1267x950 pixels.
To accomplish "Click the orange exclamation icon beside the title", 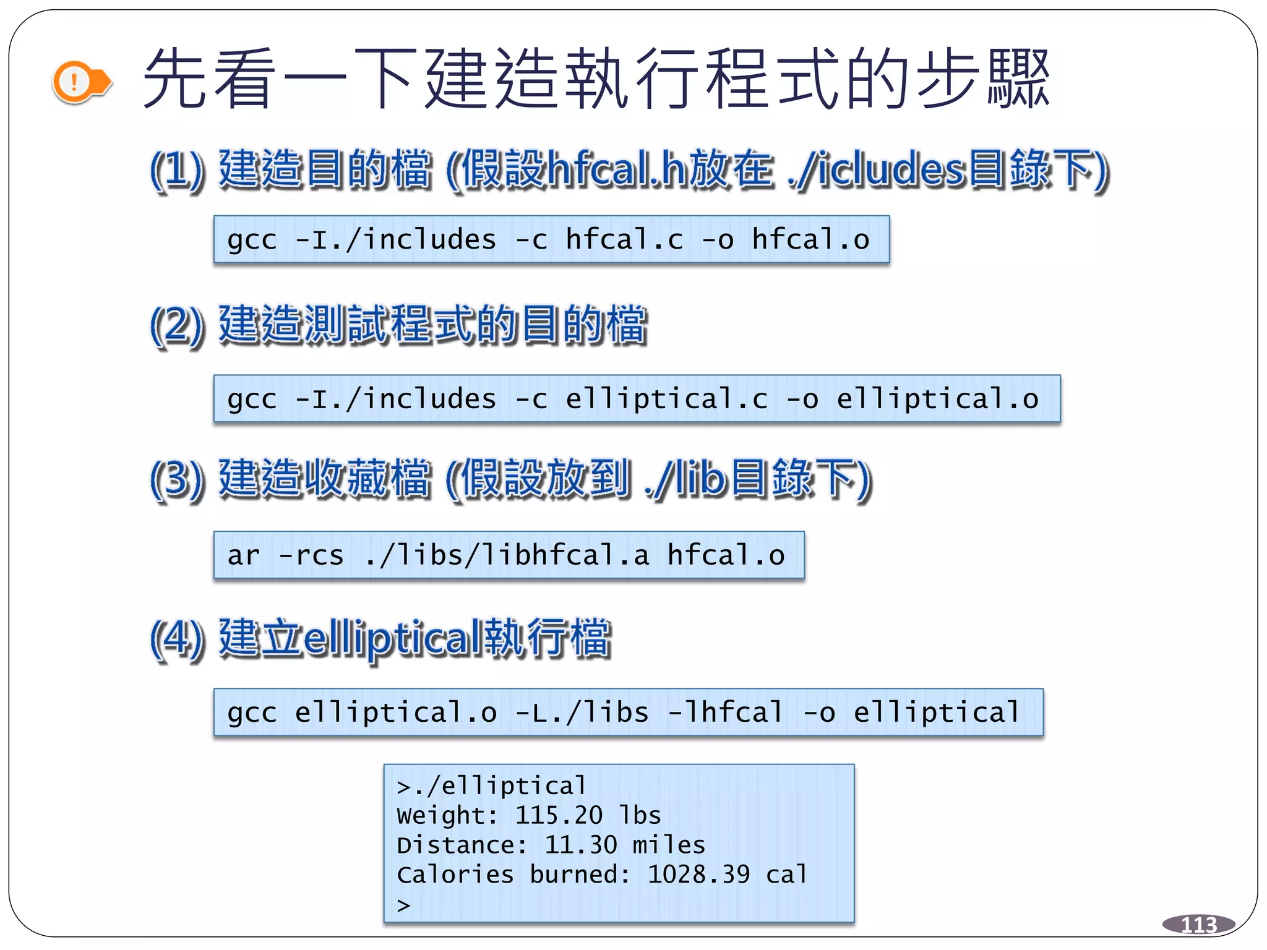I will point(75,82).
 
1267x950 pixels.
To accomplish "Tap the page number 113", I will point(1198,925).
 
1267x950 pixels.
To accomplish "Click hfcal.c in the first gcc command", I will point(624,239).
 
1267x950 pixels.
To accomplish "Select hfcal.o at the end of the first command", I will point(810,239).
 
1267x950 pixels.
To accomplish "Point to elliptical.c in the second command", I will point(667,399).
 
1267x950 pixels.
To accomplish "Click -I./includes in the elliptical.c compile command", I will point(396,399).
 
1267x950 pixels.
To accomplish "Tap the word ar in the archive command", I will point(244,555).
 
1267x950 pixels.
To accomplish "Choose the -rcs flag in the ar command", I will point(311,555).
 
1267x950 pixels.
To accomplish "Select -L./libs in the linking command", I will point(582,712).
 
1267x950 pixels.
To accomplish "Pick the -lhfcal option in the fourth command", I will point(726,712).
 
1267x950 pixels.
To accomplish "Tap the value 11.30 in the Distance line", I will point(580,845).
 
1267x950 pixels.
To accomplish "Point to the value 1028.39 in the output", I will point(698,875).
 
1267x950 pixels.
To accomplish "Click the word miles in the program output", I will point(668,845).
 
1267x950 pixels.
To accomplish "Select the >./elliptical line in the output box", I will point(491,786).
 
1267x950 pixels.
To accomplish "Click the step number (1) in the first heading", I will point(177,169).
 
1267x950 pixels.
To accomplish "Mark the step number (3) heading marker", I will point(177,479).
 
